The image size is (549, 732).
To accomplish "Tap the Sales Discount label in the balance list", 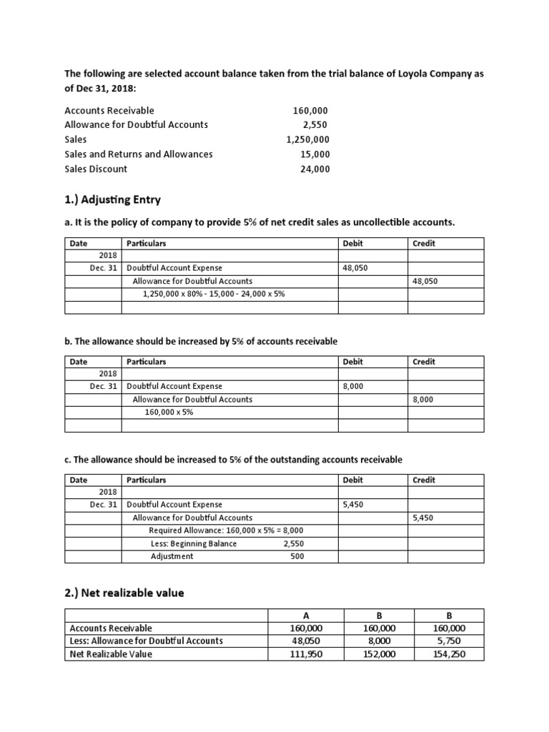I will (x=96, y=169).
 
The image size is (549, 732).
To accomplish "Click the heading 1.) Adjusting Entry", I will (x=112, y=199).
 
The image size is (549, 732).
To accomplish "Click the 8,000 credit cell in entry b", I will (x=422, y=400).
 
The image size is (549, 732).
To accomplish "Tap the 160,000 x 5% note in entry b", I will (x=168, y=412).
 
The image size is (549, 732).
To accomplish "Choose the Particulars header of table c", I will (x=146, y=480).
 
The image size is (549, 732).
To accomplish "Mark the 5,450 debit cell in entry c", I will (x=354, y=505).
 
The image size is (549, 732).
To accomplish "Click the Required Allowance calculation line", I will (x=226, y=530).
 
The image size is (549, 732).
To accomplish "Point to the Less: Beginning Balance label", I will (x=194, y=543).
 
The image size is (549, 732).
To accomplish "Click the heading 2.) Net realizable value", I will (x=124, y=593).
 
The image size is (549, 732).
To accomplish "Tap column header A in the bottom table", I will (x=305, y=615).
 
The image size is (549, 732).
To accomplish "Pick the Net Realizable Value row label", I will (x=111, y=653).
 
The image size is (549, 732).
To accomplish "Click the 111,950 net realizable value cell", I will (x=305, y=653).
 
